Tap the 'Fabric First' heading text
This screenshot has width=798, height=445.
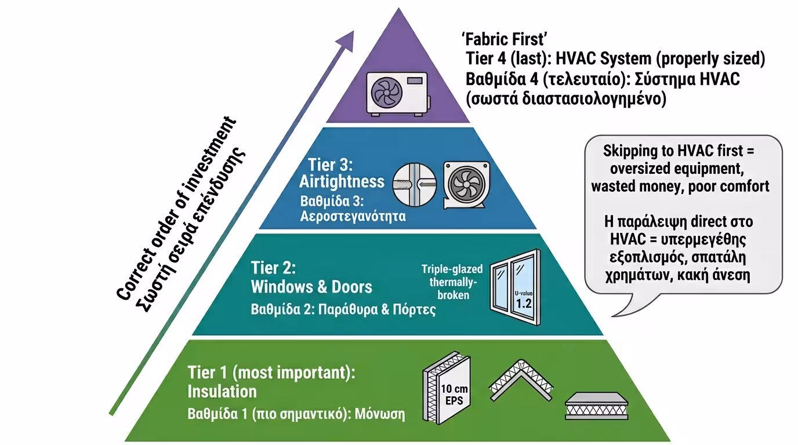[x=505, y=39]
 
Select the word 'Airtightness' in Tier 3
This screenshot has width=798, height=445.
[x=342, y=181]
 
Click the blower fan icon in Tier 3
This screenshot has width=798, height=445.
[x=466, y=184]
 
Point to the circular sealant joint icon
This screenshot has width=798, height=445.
[x=415, y=183]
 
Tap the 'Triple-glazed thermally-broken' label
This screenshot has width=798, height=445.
[x=449, y=282]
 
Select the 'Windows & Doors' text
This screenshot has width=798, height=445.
[x=311, y=287]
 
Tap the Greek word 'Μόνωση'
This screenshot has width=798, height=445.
[x=381, y=415]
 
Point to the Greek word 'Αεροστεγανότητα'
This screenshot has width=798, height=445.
[x=353, y=217]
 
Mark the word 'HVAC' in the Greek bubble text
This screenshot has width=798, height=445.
[x=626, y=238]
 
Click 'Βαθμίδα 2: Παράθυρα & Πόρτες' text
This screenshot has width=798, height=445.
[x=343, y=309]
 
